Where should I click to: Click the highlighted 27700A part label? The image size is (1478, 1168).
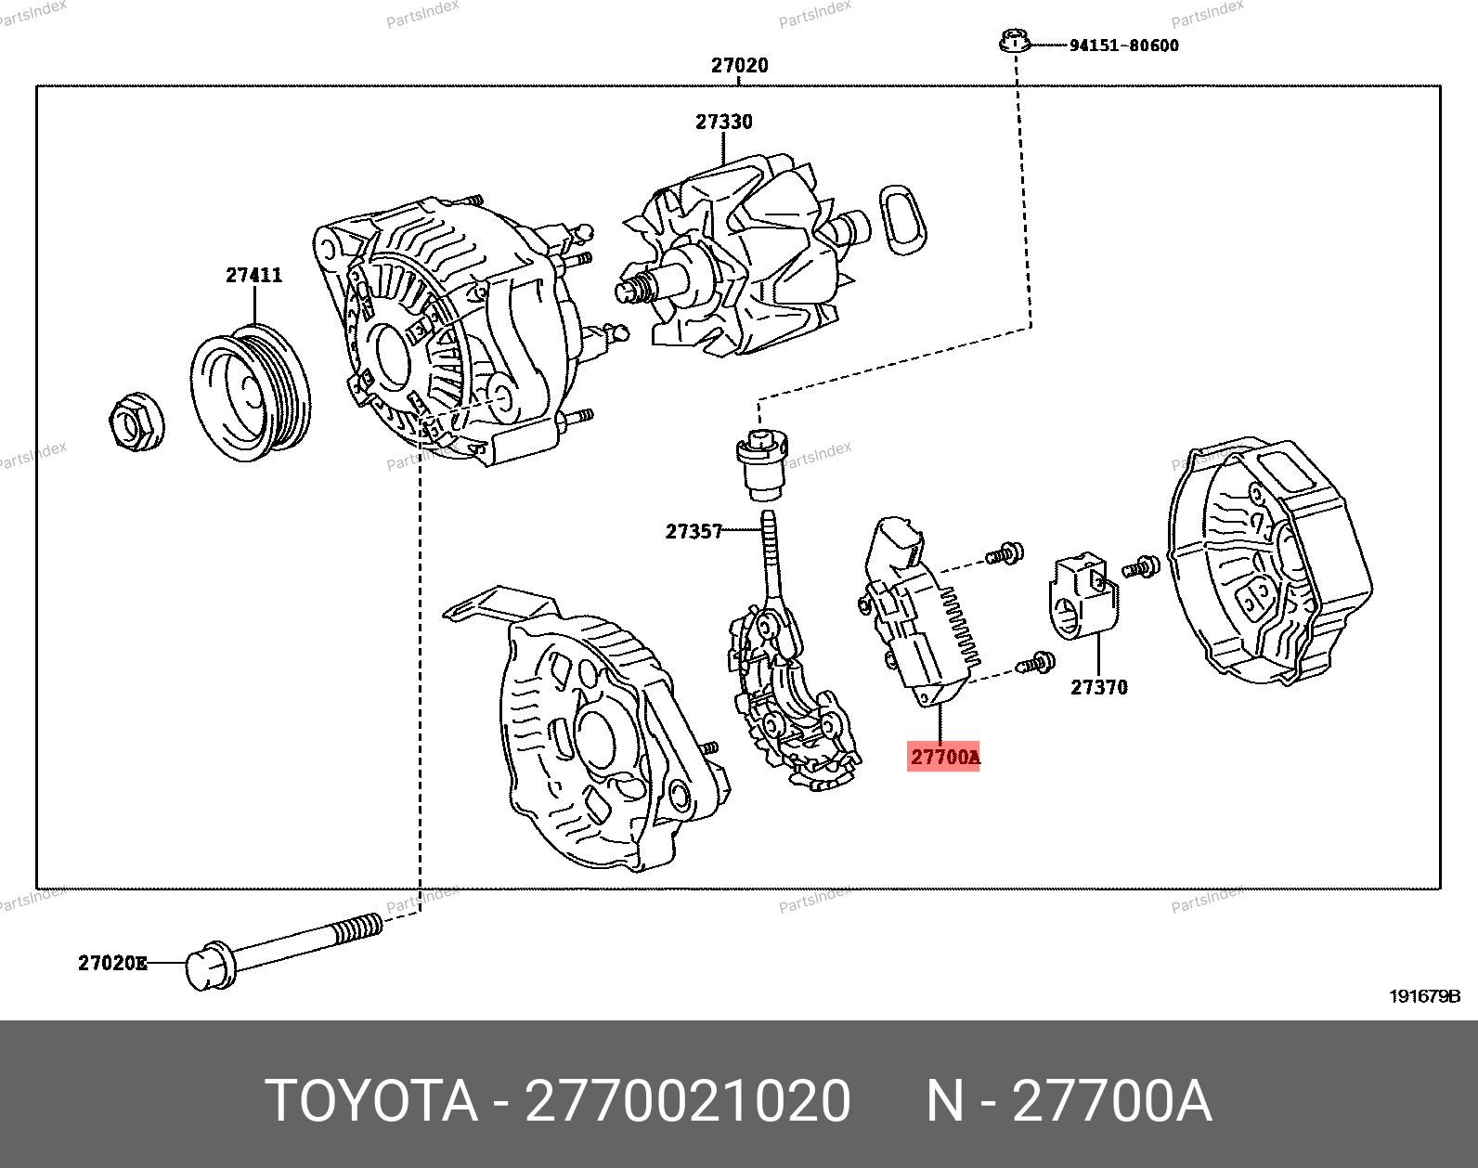coord(943,757)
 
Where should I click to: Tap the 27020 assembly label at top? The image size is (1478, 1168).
coord(739,65)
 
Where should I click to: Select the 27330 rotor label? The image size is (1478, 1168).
coord(724,123)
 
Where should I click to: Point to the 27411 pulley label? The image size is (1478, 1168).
coord(254,276)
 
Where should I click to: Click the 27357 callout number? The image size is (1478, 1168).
coord(694,531)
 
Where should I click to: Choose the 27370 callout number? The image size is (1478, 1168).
coord(1099,687)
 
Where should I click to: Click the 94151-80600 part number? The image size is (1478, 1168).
coord(1124,45)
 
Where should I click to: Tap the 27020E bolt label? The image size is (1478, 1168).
coord(112,963)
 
